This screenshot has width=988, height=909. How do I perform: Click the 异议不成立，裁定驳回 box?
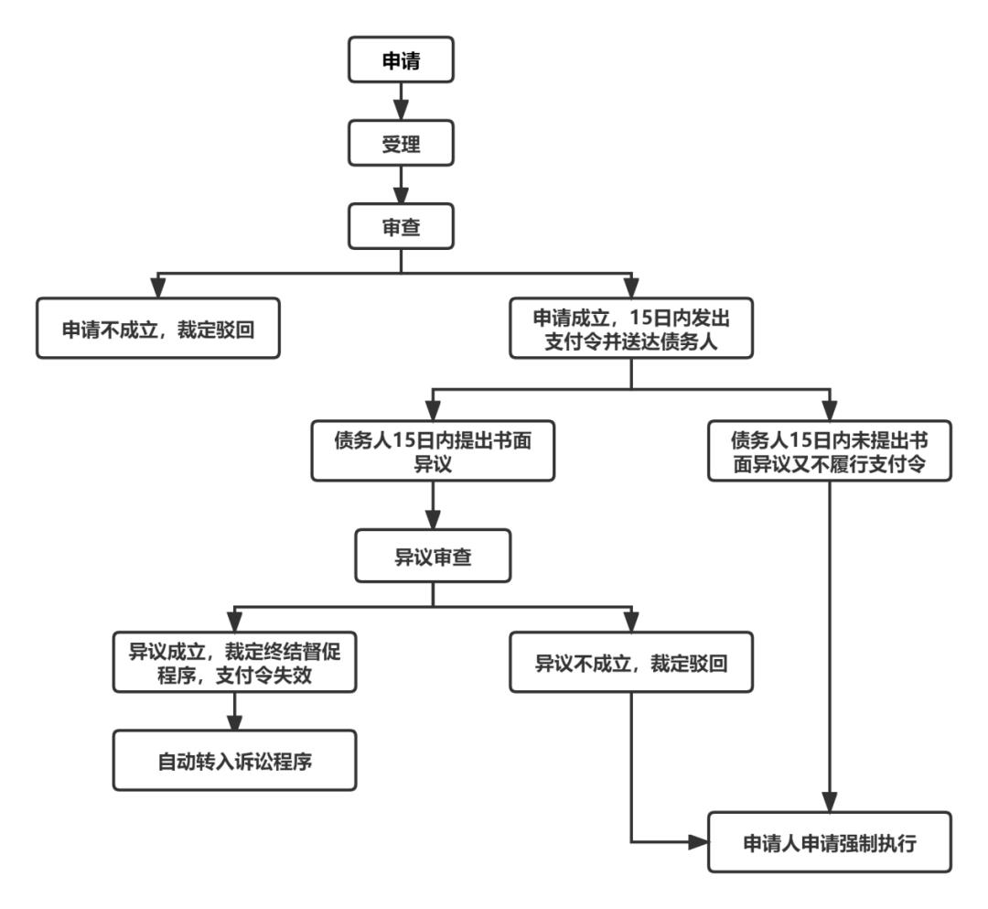pos(631,661)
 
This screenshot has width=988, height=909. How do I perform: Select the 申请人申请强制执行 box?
pos(829,840)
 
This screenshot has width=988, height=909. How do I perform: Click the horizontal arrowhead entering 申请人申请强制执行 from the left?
pos(700,840)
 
